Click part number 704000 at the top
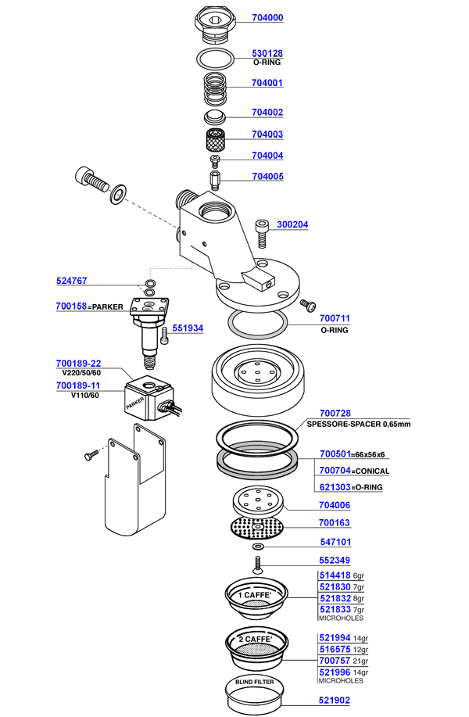(267, 18)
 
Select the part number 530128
(267, 54)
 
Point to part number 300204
(293, 225)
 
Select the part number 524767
(71, 281)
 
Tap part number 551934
(188, 329)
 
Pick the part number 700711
(335, 320)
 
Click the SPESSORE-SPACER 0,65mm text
(365, 424)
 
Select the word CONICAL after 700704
(372, 471)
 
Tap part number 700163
(335, 522)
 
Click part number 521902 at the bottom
(335, 703)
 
